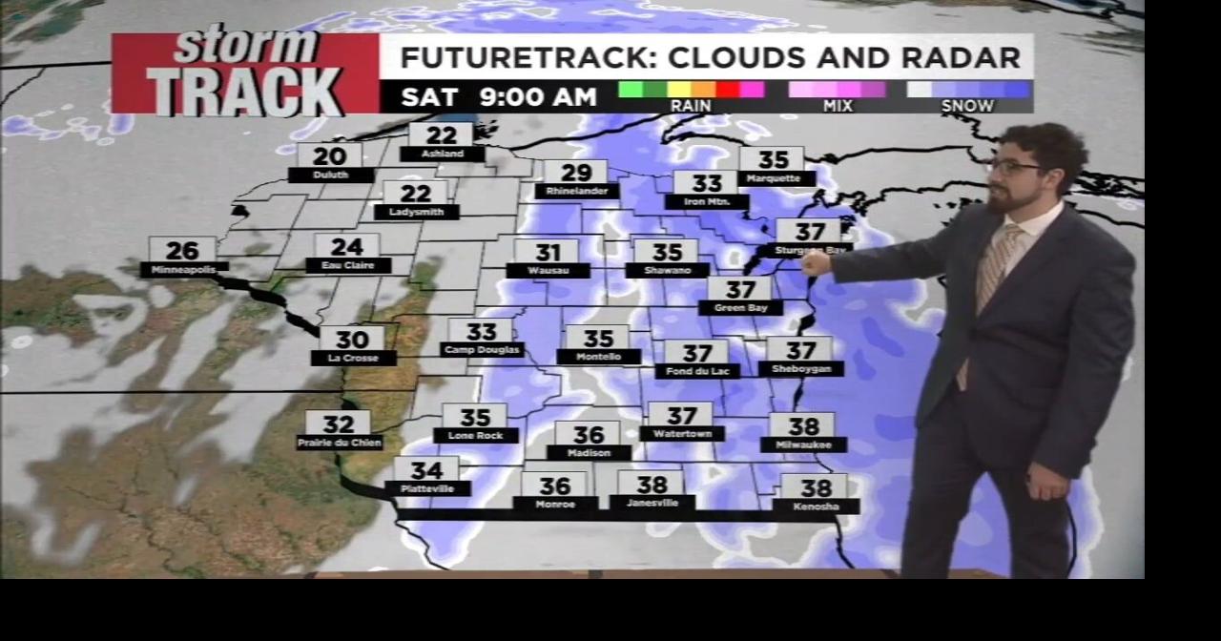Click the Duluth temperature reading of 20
coord(330,156)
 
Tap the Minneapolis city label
coord(184,270)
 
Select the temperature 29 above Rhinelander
coord(576,173)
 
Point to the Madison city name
coord(589,453)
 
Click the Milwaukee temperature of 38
coord(803,426)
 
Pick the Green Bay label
coord(740,308)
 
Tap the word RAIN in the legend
coord(691,106)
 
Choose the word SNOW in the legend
coord(967,106)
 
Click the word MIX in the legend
coord(838,106)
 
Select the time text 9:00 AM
coord(538,96)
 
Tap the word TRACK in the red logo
coord(244,92)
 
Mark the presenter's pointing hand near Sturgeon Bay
coord(816,262)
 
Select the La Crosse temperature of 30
coord(352,340)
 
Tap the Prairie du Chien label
coord(340,443)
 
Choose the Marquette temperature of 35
coord(774,159)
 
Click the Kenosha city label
coord(817,507)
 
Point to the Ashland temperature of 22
coord(441,135)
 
